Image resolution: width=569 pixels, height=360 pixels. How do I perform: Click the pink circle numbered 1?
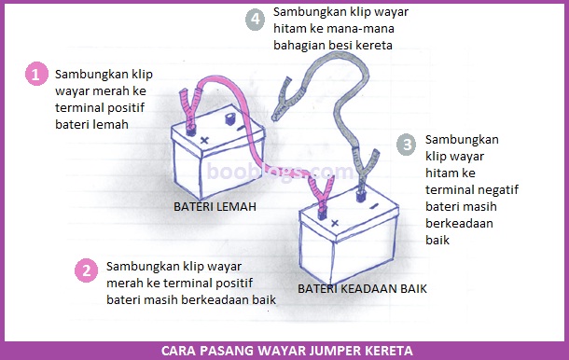point(36,75)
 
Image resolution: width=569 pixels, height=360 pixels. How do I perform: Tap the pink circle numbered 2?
point(86,270)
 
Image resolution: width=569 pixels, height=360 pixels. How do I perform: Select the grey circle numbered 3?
point(406,145)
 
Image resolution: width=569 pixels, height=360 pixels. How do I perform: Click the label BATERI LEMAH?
point(215,204)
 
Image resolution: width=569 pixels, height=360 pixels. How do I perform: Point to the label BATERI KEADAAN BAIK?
point(362,289)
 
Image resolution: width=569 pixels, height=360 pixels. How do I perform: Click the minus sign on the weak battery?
point(242,128)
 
